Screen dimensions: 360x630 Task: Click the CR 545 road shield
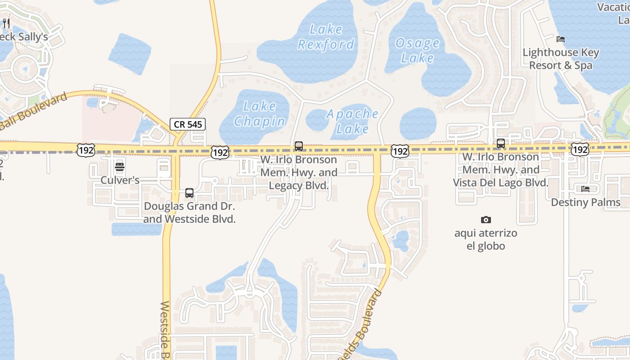(188, 124)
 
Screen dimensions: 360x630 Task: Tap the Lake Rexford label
(326, 37)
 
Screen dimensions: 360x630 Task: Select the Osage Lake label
(417, 50)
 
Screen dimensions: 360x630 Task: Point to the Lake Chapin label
(260, 114)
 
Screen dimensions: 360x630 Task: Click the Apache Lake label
(352, 121)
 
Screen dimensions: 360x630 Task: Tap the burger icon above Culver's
(120, 167)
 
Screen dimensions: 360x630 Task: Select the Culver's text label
(120, 180)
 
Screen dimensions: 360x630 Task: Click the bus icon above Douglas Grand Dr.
(189, 193)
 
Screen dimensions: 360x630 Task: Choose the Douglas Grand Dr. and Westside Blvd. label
(189, 213)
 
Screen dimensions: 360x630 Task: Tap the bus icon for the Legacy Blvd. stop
(298, 146)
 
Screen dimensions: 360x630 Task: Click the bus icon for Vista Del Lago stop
(500, 144)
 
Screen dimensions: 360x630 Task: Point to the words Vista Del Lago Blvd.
(500, 183)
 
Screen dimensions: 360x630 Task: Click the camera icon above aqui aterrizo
(486, 220)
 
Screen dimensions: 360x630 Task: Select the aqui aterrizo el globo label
(486, 239)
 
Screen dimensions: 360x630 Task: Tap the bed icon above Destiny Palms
(585, 189)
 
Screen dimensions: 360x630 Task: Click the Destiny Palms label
(585, 202)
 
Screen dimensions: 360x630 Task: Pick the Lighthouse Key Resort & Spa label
(561, 59)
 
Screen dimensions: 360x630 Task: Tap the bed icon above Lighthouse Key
(561, 39)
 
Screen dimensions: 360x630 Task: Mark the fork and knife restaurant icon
(6, 23)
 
